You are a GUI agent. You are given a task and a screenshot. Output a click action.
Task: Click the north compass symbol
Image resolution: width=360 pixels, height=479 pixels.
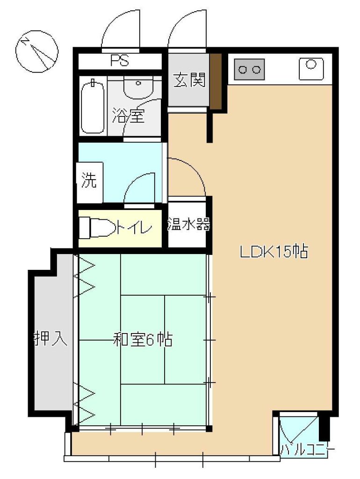point(36,51)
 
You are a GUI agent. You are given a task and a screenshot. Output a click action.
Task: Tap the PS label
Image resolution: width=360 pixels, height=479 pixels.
point(120,61)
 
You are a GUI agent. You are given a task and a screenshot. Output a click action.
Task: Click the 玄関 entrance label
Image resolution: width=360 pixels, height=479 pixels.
point(189,80)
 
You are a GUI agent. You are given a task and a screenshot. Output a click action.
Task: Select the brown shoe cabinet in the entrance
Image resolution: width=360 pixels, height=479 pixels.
point(216,81)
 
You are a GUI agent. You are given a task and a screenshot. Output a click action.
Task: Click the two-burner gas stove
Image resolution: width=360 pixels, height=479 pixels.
point(249,69)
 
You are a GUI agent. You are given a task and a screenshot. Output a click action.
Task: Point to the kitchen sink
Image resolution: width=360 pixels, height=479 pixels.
point(311,68)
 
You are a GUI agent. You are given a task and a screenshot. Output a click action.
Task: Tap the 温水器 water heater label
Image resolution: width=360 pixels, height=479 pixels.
point(189,225)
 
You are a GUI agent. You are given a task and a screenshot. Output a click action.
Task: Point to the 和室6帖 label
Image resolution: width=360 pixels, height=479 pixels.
point(143,340)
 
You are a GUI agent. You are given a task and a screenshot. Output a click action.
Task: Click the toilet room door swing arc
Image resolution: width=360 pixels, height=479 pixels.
point(132,180)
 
